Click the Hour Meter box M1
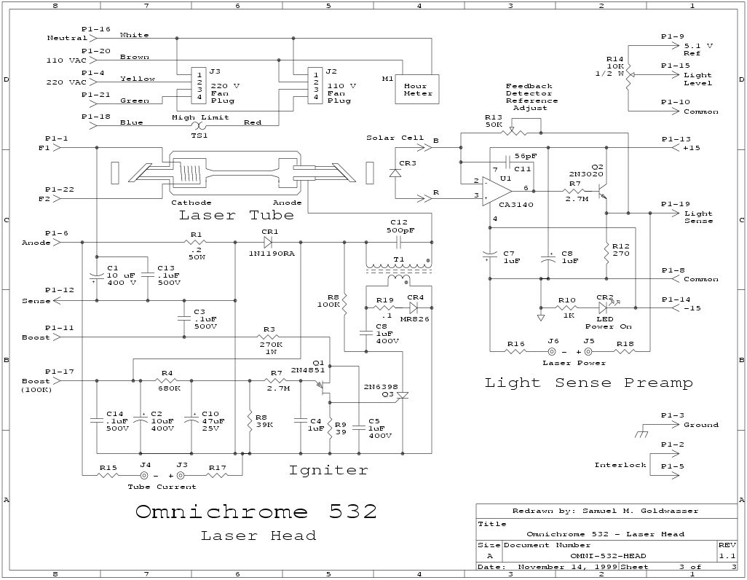pyautogui.click(x=418, y=89)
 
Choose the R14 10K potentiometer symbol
pyautogui.click(x=628, y=75)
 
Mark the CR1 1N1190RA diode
pyautogui.click(x=268, y=242)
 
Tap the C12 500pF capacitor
pyautogui.click(x=399, y=242)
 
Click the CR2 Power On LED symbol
pyautogui.click(x=604, y=307)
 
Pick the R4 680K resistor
pyautogui.click(x=166, y=380)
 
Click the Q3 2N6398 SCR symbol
pyautogui.click(x=400, y=396)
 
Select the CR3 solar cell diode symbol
pyautogui.click(x=395, y=173)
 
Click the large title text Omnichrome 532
pyautogui.click(x=256, y=512)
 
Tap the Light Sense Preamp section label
pyautogui.click(x=588, y=383)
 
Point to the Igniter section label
pyautogui.click(x=328, y=470)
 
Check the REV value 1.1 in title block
pyautogui.click(x=727, y=555)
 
